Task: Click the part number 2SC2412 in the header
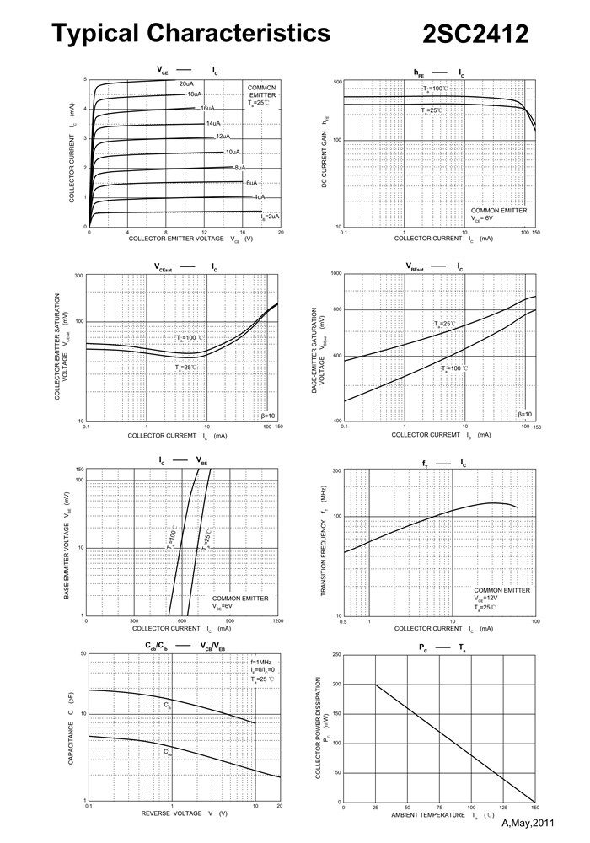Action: [x=475, y=35]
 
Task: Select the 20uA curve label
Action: [x=186, y=83]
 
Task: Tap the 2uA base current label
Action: [x=270, y=217]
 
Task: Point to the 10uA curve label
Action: [x=232, y=152]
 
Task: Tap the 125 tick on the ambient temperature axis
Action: [x=502, y=807]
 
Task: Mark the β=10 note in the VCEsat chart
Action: [x=268, y=416]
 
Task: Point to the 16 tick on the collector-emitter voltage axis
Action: [x=243, y=232]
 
